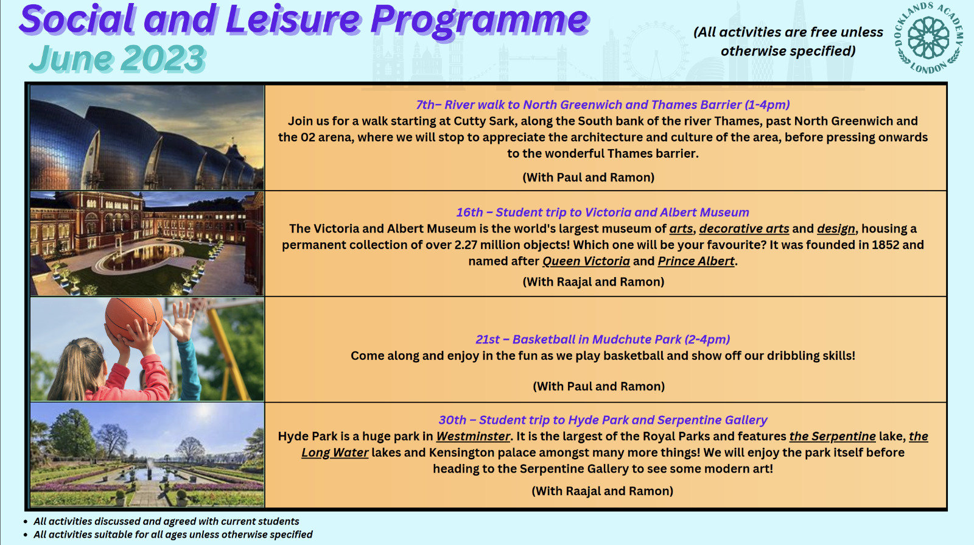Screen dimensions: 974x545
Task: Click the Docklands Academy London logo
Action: [929, 38]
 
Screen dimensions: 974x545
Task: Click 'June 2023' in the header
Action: [117, 58]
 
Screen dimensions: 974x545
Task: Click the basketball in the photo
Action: [134, 319]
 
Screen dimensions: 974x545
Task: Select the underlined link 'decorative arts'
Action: [744, 229]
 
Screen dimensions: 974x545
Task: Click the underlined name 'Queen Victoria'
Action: [586, 261]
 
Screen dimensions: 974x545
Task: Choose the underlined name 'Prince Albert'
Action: [696, 261]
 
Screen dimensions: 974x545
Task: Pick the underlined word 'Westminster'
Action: [473, 436]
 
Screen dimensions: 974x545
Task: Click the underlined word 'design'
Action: [836, 229]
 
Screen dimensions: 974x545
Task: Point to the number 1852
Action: [885, 245]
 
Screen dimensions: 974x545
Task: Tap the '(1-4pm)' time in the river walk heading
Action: [767, 105]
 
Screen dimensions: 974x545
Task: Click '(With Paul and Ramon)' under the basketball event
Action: [599, 386]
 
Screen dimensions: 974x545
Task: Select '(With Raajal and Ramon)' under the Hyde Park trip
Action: [602, 491]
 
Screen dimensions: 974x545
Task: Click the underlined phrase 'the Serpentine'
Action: [832, 436]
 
